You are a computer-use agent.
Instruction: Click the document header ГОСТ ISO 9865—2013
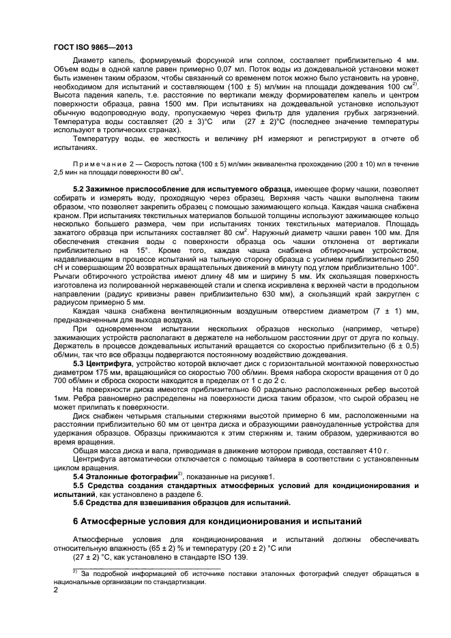pyautogui.click(x=92, y=48)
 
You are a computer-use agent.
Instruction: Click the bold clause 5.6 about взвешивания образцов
pyautogui.click(x=181, y=502)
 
